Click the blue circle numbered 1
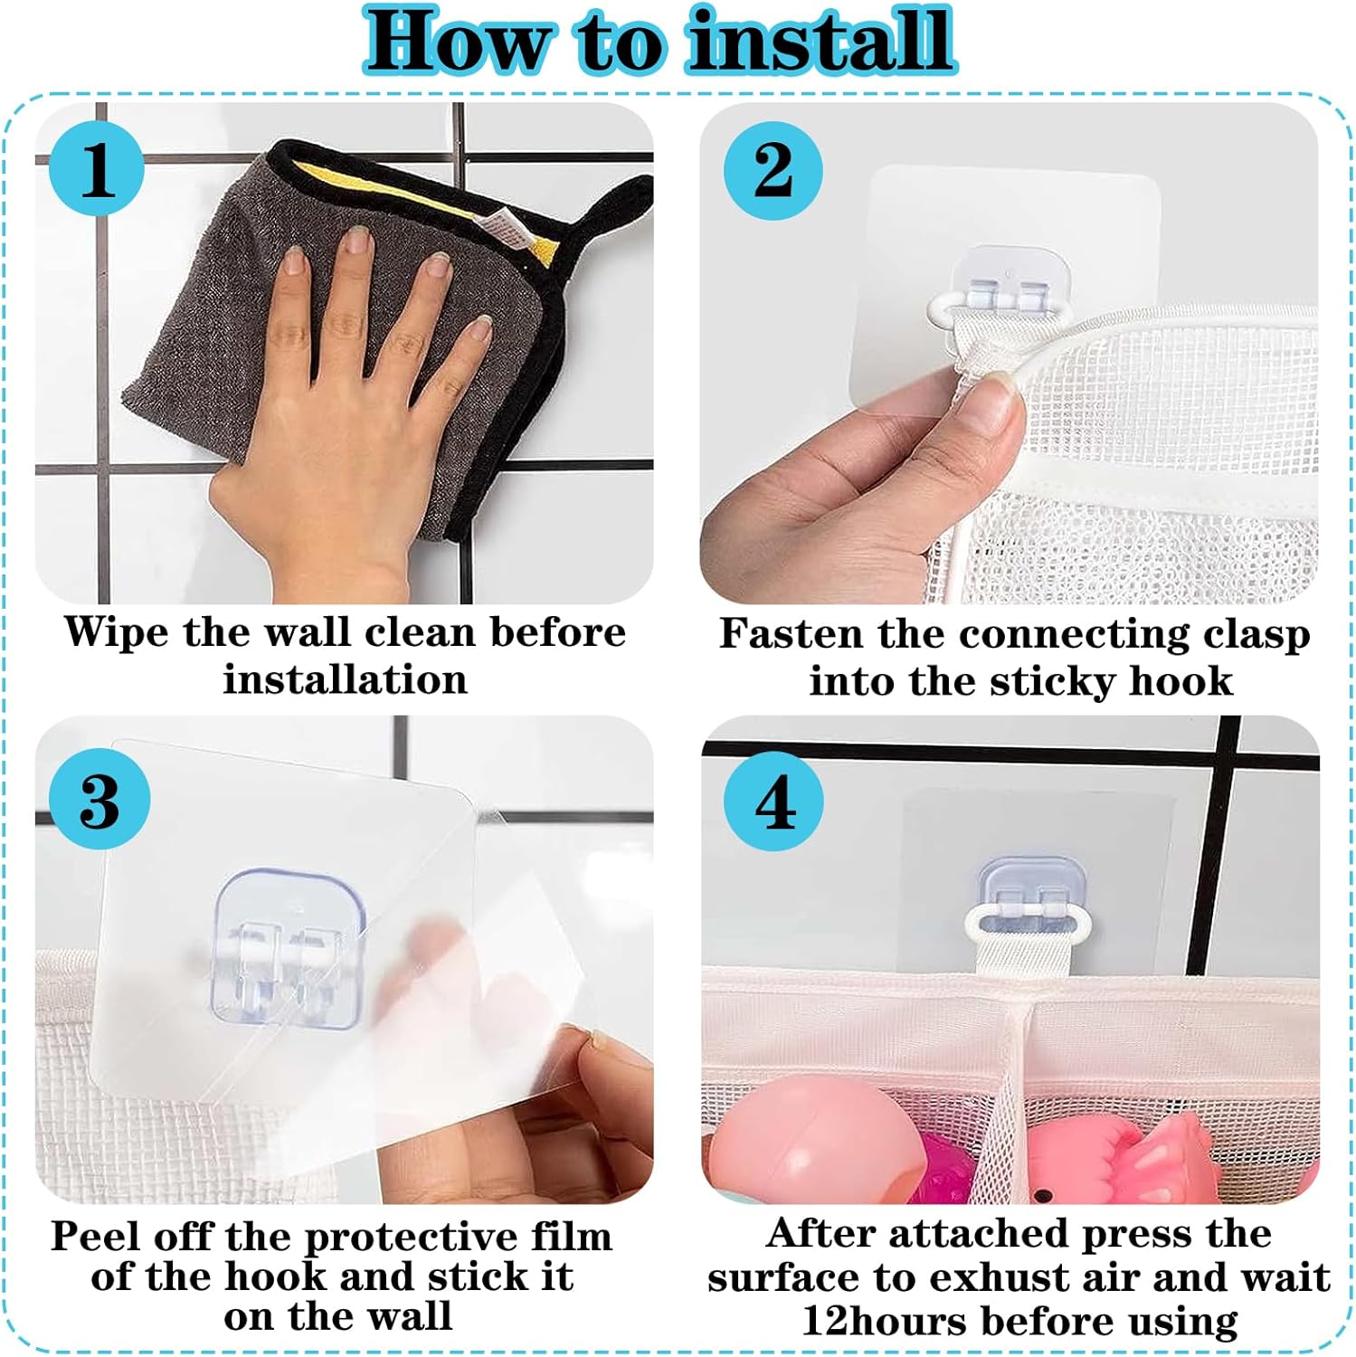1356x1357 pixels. click(x=97, y=169)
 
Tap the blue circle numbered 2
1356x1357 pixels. click(x=773, y=170)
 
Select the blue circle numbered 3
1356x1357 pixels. click(x=100, y=800)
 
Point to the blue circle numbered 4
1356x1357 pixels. click(x=774, y=802)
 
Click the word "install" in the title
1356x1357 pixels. click(x=820, y=41)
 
